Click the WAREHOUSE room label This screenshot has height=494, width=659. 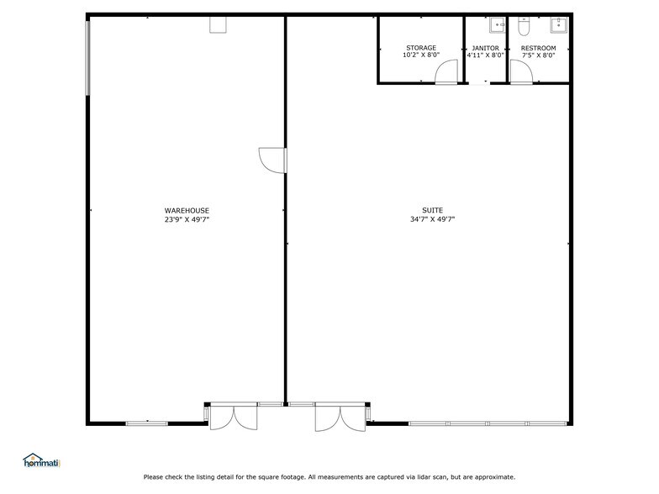(x=187, y=210)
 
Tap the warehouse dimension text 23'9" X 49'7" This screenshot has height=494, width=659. (x=187, y=219)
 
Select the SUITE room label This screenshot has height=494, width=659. (x=432, y=210)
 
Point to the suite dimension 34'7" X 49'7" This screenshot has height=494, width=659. (x=432, y=219)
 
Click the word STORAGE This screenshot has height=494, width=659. (x=420, y=48)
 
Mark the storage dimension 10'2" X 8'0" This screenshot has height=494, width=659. (x=420, y=56)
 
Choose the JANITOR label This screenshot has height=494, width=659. (x=485, y=48)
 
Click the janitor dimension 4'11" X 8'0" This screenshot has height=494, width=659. (x=485, y=56)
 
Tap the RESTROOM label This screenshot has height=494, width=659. (x=538, y=48)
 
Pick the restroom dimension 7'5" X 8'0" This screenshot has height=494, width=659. (x=538, y=56)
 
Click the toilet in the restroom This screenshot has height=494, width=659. (x=523, y=27)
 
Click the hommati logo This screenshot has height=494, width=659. (x=42, y=460)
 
